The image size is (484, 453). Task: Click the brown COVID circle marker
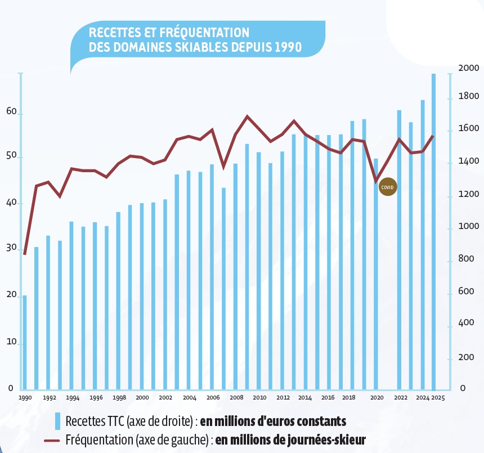388,186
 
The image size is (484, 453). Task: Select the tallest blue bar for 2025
433,231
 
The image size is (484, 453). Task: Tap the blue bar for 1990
24,342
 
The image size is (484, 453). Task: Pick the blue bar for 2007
223,288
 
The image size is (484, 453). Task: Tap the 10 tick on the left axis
10,342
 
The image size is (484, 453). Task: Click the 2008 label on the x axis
236,397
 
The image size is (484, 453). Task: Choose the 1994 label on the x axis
72,397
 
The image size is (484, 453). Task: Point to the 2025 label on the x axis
438,397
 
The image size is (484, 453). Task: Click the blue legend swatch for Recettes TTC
57,421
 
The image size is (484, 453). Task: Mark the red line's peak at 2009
247,116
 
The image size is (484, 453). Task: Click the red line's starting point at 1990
24,254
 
